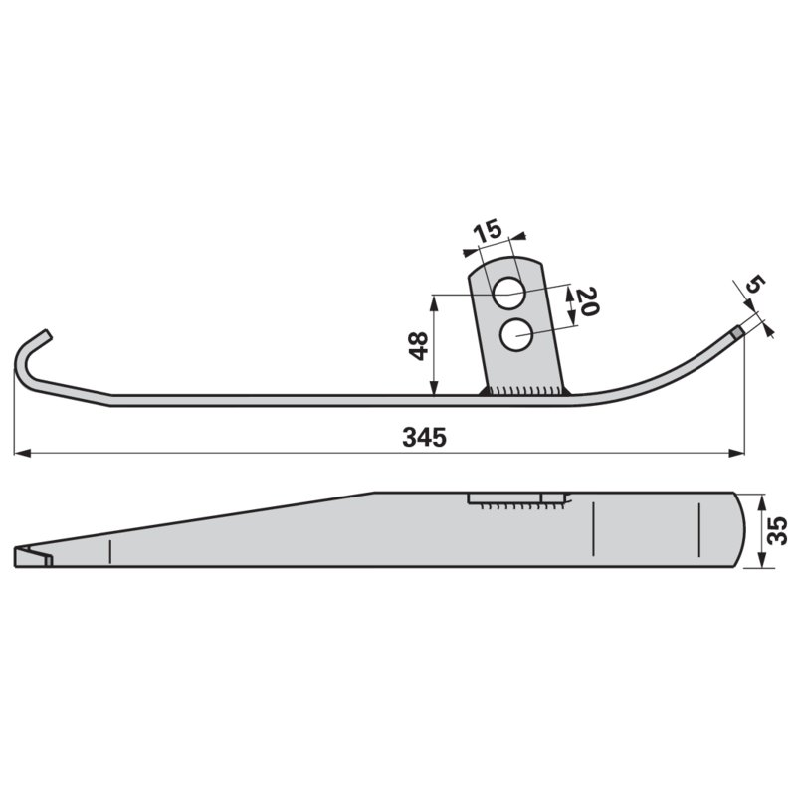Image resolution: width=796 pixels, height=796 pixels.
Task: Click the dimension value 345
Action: (425, 437)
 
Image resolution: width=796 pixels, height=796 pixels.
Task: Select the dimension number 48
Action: (419, 346)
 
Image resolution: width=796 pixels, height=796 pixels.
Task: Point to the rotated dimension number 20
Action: (588, 301)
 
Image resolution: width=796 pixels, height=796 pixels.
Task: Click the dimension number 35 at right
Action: (777, 530)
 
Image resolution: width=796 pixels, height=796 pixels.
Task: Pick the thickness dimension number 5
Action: (755, 284)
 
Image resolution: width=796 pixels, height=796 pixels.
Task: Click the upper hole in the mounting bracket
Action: (508, 293)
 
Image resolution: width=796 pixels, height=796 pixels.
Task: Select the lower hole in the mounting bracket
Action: (515, 334)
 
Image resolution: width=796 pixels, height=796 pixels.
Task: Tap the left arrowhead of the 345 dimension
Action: (22, 453)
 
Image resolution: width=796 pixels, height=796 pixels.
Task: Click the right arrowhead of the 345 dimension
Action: (736, 453)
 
